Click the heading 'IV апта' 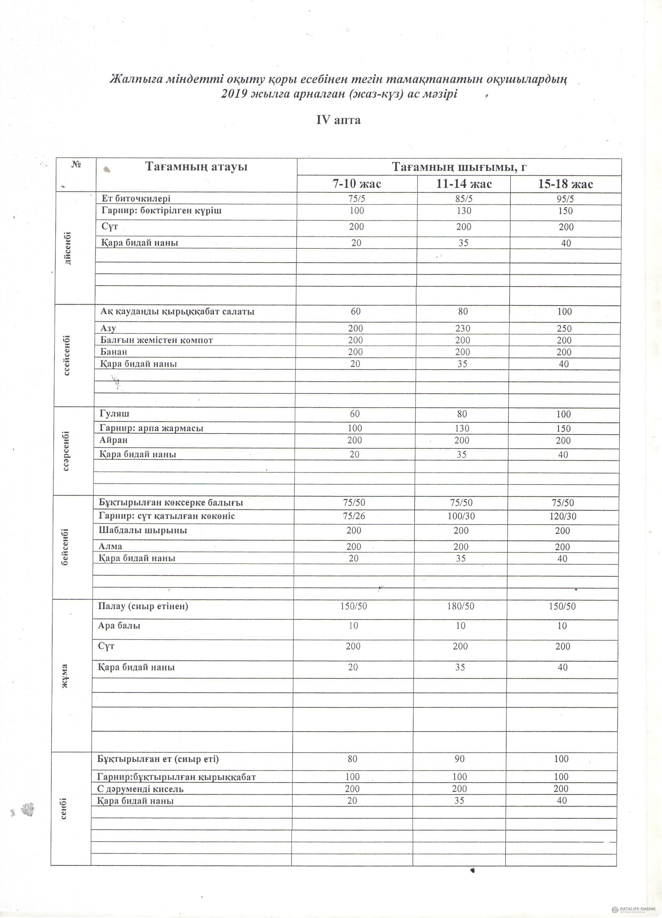click(338, 120)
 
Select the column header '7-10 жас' click(357, 184)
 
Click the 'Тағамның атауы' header click(196, 167)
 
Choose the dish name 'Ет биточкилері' click(136, 198)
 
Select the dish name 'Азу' click(108, 328)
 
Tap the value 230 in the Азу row click(463, 328)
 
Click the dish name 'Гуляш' click(115, 414)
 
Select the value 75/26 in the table click(354, 516)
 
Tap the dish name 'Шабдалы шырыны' click(143, 530)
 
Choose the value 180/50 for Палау click(460, 606)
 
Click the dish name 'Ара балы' click(119, 625)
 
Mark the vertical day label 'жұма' click(64, 676)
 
